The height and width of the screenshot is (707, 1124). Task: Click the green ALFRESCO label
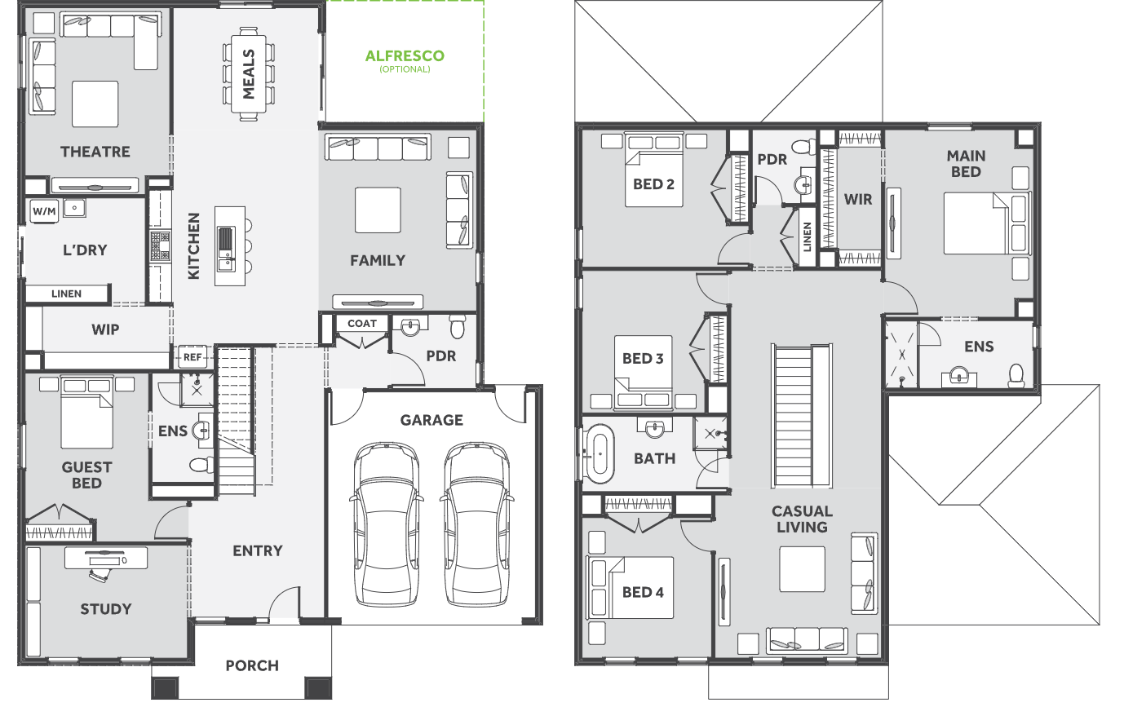click(x=405, y=55)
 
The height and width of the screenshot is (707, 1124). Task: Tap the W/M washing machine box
click(x=44, y=210)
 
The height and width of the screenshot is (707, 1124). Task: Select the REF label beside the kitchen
click(x=192, y=357)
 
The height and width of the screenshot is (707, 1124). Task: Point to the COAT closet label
click(x=362, y=324)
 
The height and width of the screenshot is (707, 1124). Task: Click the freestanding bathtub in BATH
click(x=600, y=454)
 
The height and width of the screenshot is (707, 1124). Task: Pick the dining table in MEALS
click(x=249, y=74)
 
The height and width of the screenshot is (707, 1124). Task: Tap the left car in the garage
click(x=386, y=524)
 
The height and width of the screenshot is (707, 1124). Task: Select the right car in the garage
click(x=476, y=524)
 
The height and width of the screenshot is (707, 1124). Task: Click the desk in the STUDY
click(x=106, y=558)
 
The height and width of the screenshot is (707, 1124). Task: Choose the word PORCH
click(x=252, y=666)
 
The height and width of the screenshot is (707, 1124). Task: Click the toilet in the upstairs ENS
click(x=1016, y=375)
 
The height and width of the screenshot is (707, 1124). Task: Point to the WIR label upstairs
click(x=858, y=200)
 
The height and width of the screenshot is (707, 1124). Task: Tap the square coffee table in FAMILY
click(x=378, y=210)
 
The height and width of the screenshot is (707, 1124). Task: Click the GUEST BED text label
click(x=86, y=475)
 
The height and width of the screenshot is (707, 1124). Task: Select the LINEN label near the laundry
click(x=66, y=294)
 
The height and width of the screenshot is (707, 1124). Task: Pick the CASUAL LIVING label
click(x=802, y=519)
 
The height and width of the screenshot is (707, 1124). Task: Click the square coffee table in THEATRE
click(x=95, y=104)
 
